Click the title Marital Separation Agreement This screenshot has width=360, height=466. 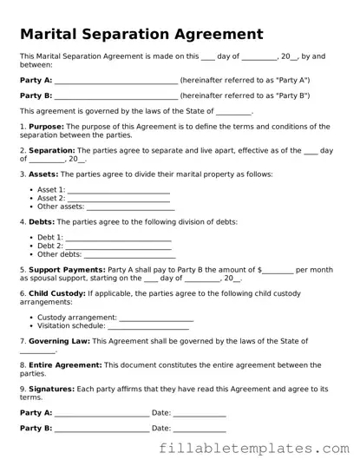(141, 35)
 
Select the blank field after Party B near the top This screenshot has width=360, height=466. (115, 96)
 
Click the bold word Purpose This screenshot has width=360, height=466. (45, 127)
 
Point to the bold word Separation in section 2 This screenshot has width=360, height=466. (52, 150)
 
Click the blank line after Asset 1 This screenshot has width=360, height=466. (118, 190)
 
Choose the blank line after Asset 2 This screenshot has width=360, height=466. (118, 199)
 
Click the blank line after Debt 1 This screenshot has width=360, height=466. (118, 238)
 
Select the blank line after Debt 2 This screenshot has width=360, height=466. (118, 246)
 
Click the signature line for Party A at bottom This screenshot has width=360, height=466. (101, 414)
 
